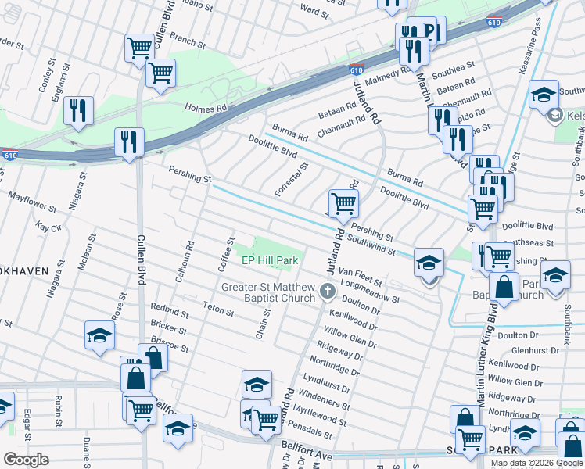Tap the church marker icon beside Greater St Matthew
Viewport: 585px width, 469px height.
328,293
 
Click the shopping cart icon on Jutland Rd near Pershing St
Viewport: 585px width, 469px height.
343,204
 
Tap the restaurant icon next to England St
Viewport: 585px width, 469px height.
79,110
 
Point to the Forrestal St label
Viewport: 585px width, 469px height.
292,180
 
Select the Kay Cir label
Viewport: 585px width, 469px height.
48,227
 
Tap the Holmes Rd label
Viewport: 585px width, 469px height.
206,109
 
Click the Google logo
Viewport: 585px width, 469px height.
26,460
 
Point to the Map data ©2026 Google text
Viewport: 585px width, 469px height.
537,463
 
